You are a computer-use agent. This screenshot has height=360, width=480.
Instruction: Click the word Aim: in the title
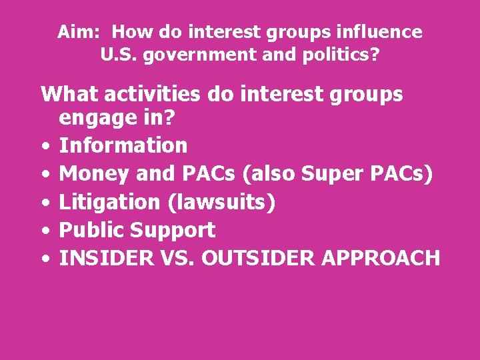(x=77, y=31)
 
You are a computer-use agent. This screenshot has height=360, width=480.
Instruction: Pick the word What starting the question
(x=64, y=94)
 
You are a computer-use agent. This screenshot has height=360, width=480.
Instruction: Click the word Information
(x=123, y=145)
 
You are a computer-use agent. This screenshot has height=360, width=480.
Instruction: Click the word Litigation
(x=110, y=201)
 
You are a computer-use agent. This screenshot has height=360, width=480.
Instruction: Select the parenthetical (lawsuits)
(x=221, y=201)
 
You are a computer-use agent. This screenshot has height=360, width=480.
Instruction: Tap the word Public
(x=92, y=230)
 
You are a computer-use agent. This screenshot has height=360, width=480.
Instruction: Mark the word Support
(x=173, y=230)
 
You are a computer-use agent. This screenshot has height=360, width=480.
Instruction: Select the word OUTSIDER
(x=257, y=258)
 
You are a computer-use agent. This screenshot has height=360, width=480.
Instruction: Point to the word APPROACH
(x=382, y=258)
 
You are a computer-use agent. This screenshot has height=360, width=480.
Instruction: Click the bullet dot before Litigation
(x=44, y=202)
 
